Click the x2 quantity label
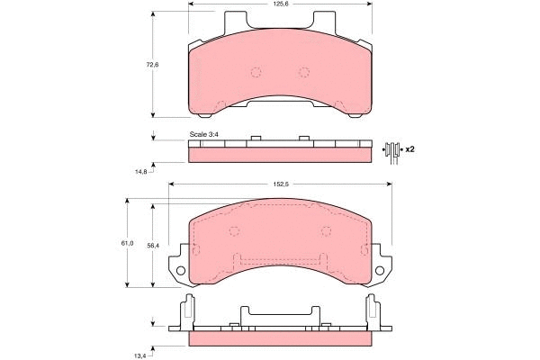[x=409, y=148]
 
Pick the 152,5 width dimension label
[x=281, y=185]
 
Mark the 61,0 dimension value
[x=127, y=243]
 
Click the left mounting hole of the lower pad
[x=181, y=271]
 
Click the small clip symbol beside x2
[x=391, y=149]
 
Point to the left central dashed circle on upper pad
[x=256, y=73]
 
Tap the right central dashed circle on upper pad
[x=303, y=73]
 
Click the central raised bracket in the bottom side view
[x=280, y=313]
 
